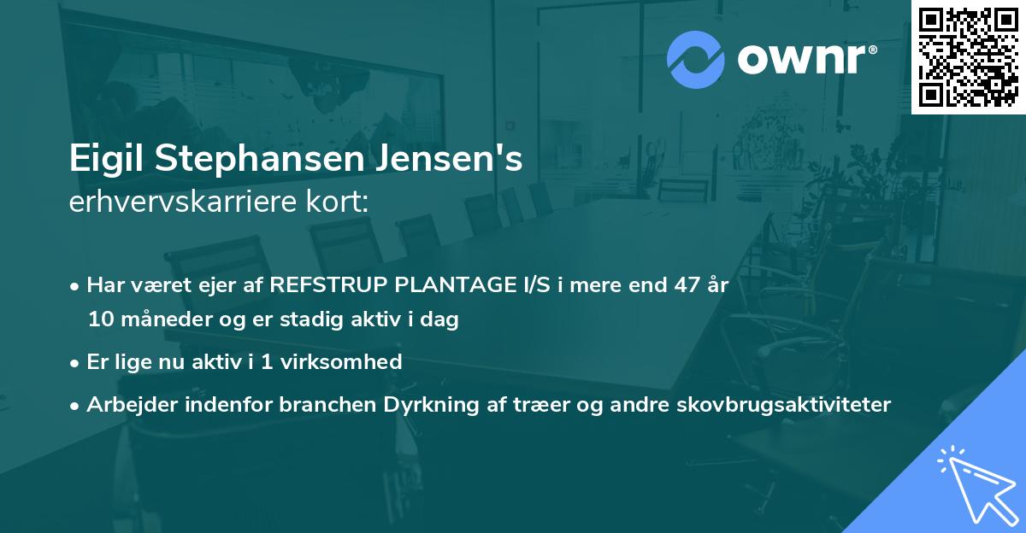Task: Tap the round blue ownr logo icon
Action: coord(697,60)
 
